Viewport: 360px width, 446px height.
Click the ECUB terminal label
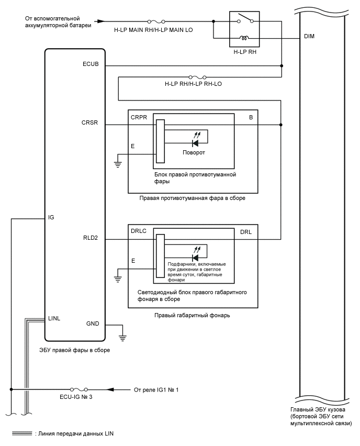[91, 65]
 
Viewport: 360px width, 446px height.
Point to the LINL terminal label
[55, 318]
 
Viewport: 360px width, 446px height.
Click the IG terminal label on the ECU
[51, 216]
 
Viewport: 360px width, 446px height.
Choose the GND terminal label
[92, 324]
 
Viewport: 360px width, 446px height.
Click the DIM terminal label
[309, 38]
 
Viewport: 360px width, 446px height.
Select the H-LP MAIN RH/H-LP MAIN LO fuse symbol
[153, 21]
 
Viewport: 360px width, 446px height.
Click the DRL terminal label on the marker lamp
[246, 232]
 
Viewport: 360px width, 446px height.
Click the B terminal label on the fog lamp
[251, 118]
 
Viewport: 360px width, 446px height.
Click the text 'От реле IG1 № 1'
[156, 389]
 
